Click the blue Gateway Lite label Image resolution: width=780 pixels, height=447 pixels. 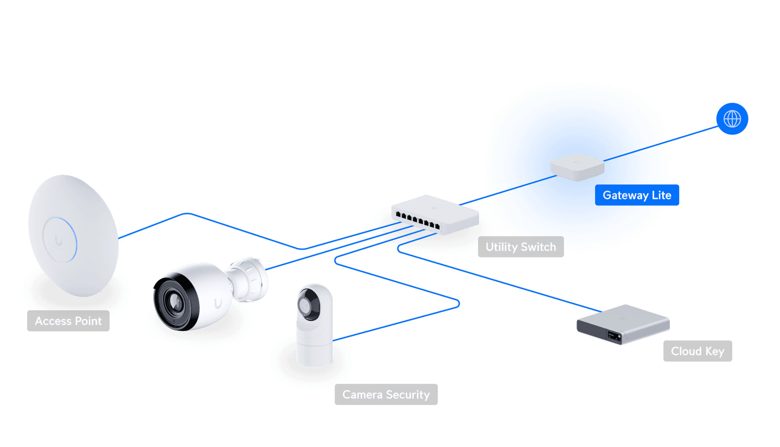click(637, 195)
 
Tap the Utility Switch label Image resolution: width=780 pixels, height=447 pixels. click(521, 247)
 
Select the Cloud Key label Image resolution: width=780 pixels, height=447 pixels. click(697, 351)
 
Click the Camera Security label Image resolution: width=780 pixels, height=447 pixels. click(386, 394)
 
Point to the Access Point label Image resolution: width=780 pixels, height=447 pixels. click(68, 321)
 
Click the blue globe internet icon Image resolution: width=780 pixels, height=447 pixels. click(732, 118)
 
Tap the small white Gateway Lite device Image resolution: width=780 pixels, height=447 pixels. click(577, 167)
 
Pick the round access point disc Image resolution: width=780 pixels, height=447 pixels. click(73, 235)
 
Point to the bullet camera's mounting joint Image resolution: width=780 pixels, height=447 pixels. click(250, 279)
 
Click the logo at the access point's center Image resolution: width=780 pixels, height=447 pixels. click(59, 240)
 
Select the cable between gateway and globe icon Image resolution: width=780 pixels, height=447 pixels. click(661, 144)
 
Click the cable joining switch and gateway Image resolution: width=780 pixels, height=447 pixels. click(507, 190)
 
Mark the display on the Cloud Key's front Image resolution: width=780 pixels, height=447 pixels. click(613, 335)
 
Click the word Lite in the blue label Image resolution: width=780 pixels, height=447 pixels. click(662, 195)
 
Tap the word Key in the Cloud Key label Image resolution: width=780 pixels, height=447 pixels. click(714, 351)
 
